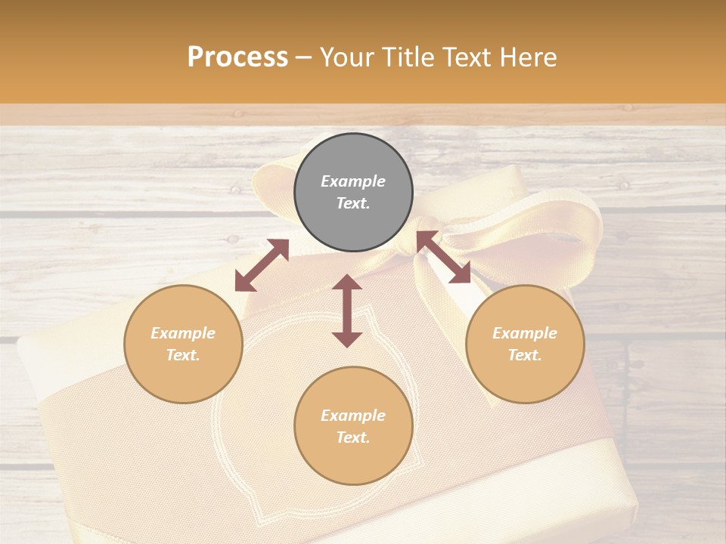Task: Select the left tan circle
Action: point(183,344)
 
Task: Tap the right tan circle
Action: point(525,344)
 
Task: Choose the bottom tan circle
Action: point(353,425)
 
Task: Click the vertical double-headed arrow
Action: point(347,311)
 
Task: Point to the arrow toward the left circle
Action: point(262,265)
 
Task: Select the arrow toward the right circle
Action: point(444,257)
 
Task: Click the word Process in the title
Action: point(237,57)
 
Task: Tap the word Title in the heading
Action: point(408,57)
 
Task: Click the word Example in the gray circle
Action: point(353,181)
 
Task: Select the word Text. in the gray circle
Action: point(353,203)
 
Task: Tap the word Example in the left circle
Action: point(183,333)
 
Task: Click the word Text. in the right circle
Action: point(525,355)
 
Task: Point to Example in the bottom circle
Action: point(353,416)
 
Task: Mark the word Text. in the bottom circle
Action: point(353,437)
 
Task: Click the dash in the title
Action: point(304,57)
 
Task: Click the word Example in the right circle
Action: point(525,333)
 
